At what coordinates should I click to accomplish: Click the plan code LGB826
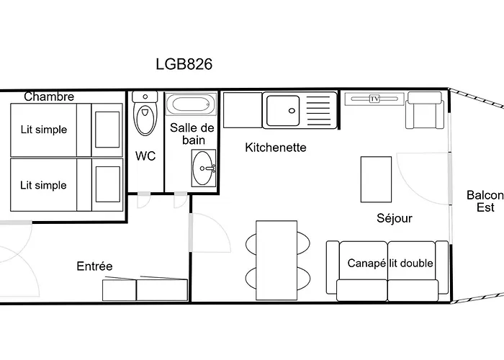click(x=184, y=64)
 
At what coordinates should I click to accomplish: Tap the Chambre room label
click(x=49, y=96)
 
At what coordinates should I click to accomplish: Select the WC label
click(x=145, y=156)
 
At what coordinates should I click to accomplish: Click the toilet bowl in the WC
click(x=145, y=120)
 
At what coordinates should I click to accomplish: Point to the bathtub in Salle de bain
click(x=191, y=104)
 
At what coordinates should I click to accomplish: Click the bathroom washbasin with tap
click(x=204, y=168)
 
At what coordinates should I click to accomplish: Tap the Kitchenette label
click(x=276, y=148)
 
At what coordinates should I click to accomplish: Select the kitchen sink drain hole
click(x=292, y=111)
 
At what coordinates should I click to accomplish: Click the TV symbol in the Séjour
click(x=374, y=99)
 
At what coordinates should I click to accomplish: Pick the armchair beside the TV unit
click(x=425, y=110)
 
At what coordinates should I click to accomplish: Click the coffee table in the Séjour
click(x=376, y=179)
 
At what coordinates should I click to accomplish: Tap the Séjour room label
click(x=395, y=218)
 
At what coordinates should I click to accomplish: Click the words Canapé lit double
click(x=390, y=264)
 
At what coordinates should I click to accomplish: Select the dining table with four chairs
click(x=276, y=261)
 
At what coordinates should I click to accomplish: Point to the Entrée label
click(x=94, y=266)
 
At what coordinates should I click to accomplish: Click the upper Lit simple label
click(x=44, y=130)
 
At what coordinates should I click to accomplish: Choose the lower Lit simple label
click(x=43, y=185)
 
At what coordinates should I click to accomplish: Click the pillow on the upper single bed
click(x=107, y=130)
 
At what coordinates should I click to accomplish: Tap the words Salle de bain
click(x=192, y=134)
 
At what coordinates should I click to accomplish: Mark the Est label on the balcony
click(x=485, y=207)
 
